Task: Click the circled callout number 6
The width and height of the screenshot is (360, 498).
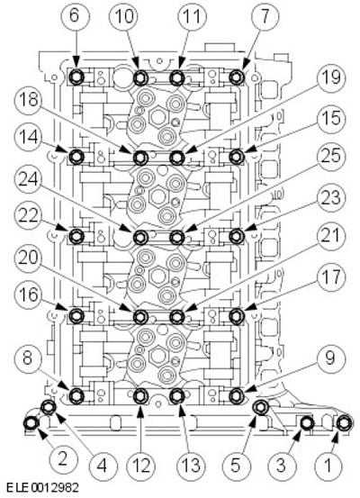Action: pyautogui.click(x=74, y=15)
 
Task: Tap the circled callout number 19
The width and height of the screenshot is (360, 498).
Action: pyautogui.click(x=330, y=77)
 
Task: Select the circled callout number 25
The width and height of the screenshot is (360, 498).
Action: pyautogui.click(x=330, y=157)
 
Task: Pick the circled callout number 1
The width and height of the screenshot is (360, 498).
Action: pyautogui.click(x=328, y=466)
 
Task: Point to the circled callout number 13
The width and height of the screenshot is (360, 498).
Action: pyautogui.click(x=191, y=466)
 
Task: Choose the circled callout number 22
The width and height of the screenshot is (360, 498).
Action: pyautogui.click(x=29, y=217)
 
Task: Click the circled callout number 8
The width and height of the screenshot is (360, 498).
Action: pyautogui.click(x=29, y=358)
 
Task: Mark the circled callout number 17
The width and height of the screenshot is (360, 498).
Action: pyautogui.click(x=330, y=277)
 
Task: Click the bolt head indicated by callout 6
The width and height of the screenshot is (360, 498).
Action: pyautogui.click(x=76, y=77)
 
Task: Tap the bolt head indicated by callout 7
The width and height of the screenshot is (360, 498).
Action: pyautogui.click(x=236, y=77)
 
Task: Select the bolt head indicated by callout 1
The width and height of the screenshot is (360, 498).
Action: pyautogui.click(x=344, y=422)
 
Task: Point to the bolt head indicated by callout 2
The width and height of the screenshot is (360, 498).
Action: pyautogui.click(x=31, y=423)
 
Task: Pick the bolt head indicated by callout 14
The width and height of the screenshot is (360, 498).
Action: pyautogui.click(x=76, y=157)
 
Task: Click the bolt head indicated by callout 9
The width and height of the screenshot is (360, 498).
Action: pyautogui.click(x=236, y=395)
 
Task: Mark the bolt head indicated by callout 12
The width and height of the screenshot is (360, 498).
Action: pyautogui.click(x=140, y=395)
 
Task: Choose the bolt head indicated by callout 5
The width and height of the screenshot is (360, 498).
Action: pyautogui.click(x=261, y=407)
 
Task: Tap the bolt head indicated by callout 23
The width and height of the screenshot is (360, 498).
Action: pyautogui.click(x=236, y=236)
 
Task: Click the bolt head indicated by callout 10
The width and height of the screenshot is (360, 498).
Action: pyautogui.click(x=140, y=77)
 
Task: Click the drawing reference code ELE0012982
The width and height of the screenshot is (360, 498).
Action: pyautogui.click(x=42, y=487)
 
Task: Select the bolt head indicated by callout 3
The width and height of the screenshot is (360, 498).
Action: pyautogui.click(x=307, y=422)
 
